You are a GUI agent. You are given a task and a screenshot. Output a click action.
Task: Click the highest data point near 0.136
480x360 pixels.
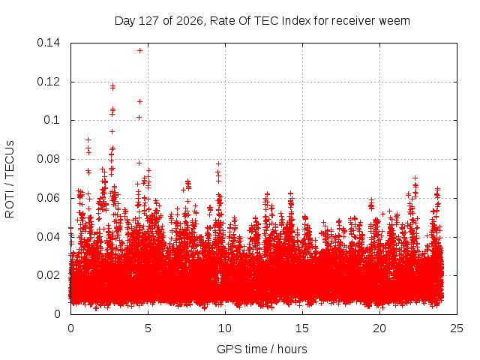[139, 50]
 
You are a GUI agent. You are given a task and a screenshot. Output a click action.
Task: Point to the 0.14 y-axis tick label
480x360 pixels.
[48, 43]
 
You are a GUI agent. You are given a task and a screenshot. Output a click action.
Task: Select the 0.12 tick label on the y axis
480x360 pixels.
[48, 82]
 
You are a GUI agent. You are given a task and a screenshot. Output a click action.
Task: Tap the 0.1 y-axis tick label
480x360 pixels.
[52, 120]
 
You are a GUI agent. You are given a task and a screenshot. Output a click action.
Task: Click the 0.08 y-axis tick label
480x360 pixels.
[48, 159]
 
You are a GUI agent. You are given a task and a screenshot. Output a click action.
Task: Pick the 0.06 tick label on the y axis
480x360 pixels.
[48, 198]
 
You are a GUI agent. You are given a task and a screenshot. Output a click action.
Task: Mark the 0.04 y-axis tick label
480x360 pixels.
[48, 237]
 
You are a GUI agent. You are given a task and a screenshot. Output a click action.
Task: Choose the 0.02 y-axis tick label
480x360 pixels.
[48, 275]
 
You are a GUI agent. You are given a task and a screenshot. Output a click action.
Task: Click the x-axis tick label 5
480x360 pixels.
[148, 328]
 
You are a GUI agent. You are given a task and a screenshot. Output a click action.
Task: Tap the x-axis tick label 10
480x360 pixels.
[225, 328]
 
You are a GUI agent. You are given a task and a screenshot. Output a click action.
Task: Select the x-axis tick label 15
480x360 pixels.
[302, 328]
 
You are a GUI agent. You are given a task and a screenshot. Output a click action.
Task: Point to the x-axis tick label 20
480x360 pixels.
[379, 328]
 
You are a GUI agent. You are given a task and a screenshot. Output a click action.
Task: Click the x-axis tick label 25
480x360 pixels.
[457, 328]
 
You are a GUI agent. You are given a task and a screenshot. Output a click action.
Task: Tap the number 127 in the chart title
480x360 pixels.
[148, 21]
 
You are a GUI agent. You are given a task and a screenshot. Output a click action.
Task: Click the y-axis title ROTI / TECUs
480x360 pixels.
[10, 179]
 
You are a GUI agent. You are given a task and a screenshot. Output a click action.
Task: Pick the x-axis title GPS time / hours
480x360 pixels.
[262, 349]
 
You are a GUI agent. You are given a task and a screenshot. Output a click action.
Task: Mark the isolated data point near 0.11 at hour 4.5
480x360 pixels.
[139, 101]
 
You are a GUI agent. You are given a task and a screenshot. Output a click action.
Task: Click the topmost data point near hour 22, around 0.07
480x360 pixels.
[415, 178]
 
